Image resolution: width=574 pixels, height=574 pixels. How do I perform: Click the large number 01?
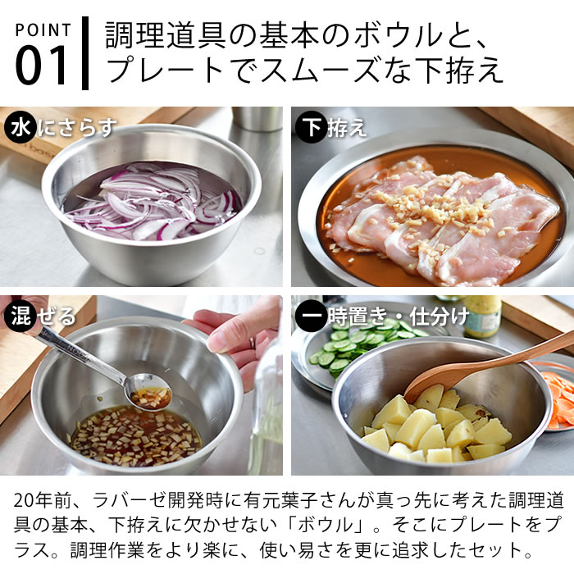click(x=41, y=66)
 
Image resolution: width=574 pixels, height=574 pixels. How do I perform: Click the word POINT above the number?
click(x=43, y=30)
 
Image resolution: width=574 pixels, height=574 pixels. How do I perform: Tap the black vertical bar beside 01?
click(x=85, y=53)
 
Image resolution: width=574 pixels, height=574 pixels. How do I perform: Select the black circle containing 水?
click(x=20, y=127)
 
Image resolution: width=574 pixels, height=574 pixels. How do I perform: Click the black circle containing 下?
click(x=312, y=127)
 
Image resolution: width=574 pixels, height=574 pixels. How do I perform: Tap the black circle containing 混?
click(x=20, y=316)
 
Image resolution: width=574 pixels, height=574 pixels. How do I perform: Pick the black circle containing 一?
click(x=312, y=316)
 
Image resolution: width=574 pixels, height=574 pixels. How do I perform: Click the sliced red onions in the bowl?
click(x=152, y=202)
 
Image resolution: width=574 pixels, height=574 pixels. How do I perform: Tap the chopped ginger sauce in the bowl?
click(x=135, y=435)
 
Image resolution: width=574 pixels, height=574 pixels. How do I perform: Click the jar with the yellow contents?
click(x=482, y=316)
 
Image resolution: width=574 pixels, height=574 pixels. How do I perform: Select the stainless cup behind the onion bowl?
click(x=258, y=119)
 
